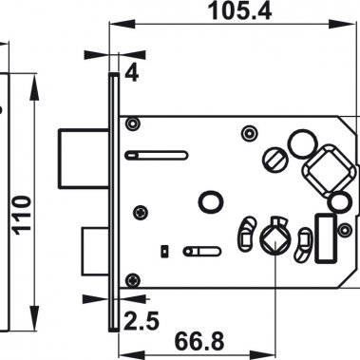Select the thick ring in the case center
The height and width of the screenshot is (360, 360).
[210, 202]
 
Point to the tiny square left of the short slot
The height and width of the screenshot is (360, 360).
[166, 251]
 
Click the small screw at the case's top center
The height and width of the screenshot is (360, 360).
[248, 130]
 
